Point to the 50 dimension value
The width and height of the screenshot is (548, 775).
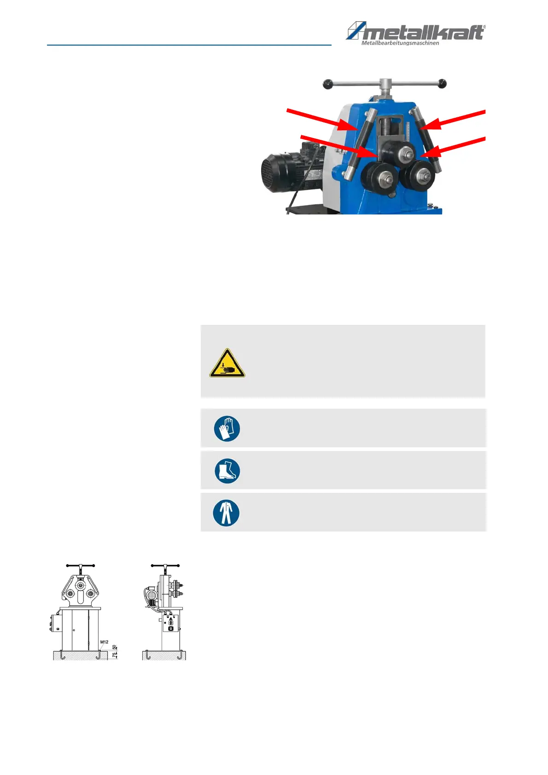(115, 648)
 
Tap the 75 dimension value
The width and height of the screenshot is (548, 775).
(115, 655)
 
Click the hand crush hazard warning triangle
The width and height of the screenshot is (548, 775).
(227, 363)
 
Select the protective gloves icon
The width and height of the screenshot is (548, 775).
(227, 428)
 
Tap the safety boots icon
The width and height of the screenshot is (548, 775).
(227, 471)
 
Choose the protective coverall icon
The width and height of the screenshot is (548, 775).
(226, 513)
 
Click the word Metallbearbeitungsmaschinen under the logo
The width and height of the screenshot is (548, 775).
(400, 43)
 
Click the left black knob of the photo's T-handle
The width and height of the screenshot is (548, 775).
(327, 84)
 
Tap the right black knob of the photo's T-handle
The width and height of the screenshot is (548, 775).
(442, 83)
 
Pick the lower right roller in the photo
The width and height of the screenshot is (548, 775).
(418, 176)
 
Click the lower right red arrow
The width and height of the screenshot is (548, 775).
(453, 147)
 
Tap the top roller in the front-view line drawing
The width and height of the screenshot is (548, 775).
(81, 585)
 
